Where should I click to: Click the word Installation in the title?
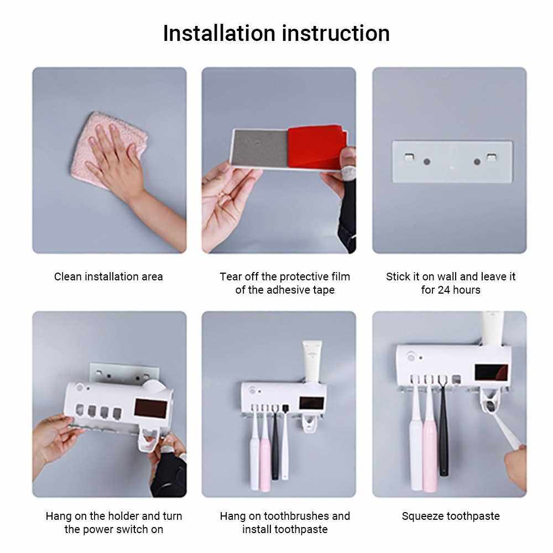219,34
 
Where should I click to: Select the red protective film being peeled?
316,147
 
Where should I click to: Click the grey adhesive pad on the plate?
260,148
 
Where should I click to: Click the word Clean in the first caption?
68,276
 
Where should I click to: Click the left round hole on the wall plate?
427,162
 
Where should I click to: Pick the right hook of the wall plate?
491,157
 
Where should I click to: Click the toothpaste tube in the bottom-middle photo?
312,361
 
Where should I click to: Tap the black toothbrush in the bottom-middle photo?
275,442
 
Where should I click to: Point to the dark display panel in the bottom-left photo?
150,409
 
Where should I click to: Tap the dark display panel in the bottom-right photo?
491,372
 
